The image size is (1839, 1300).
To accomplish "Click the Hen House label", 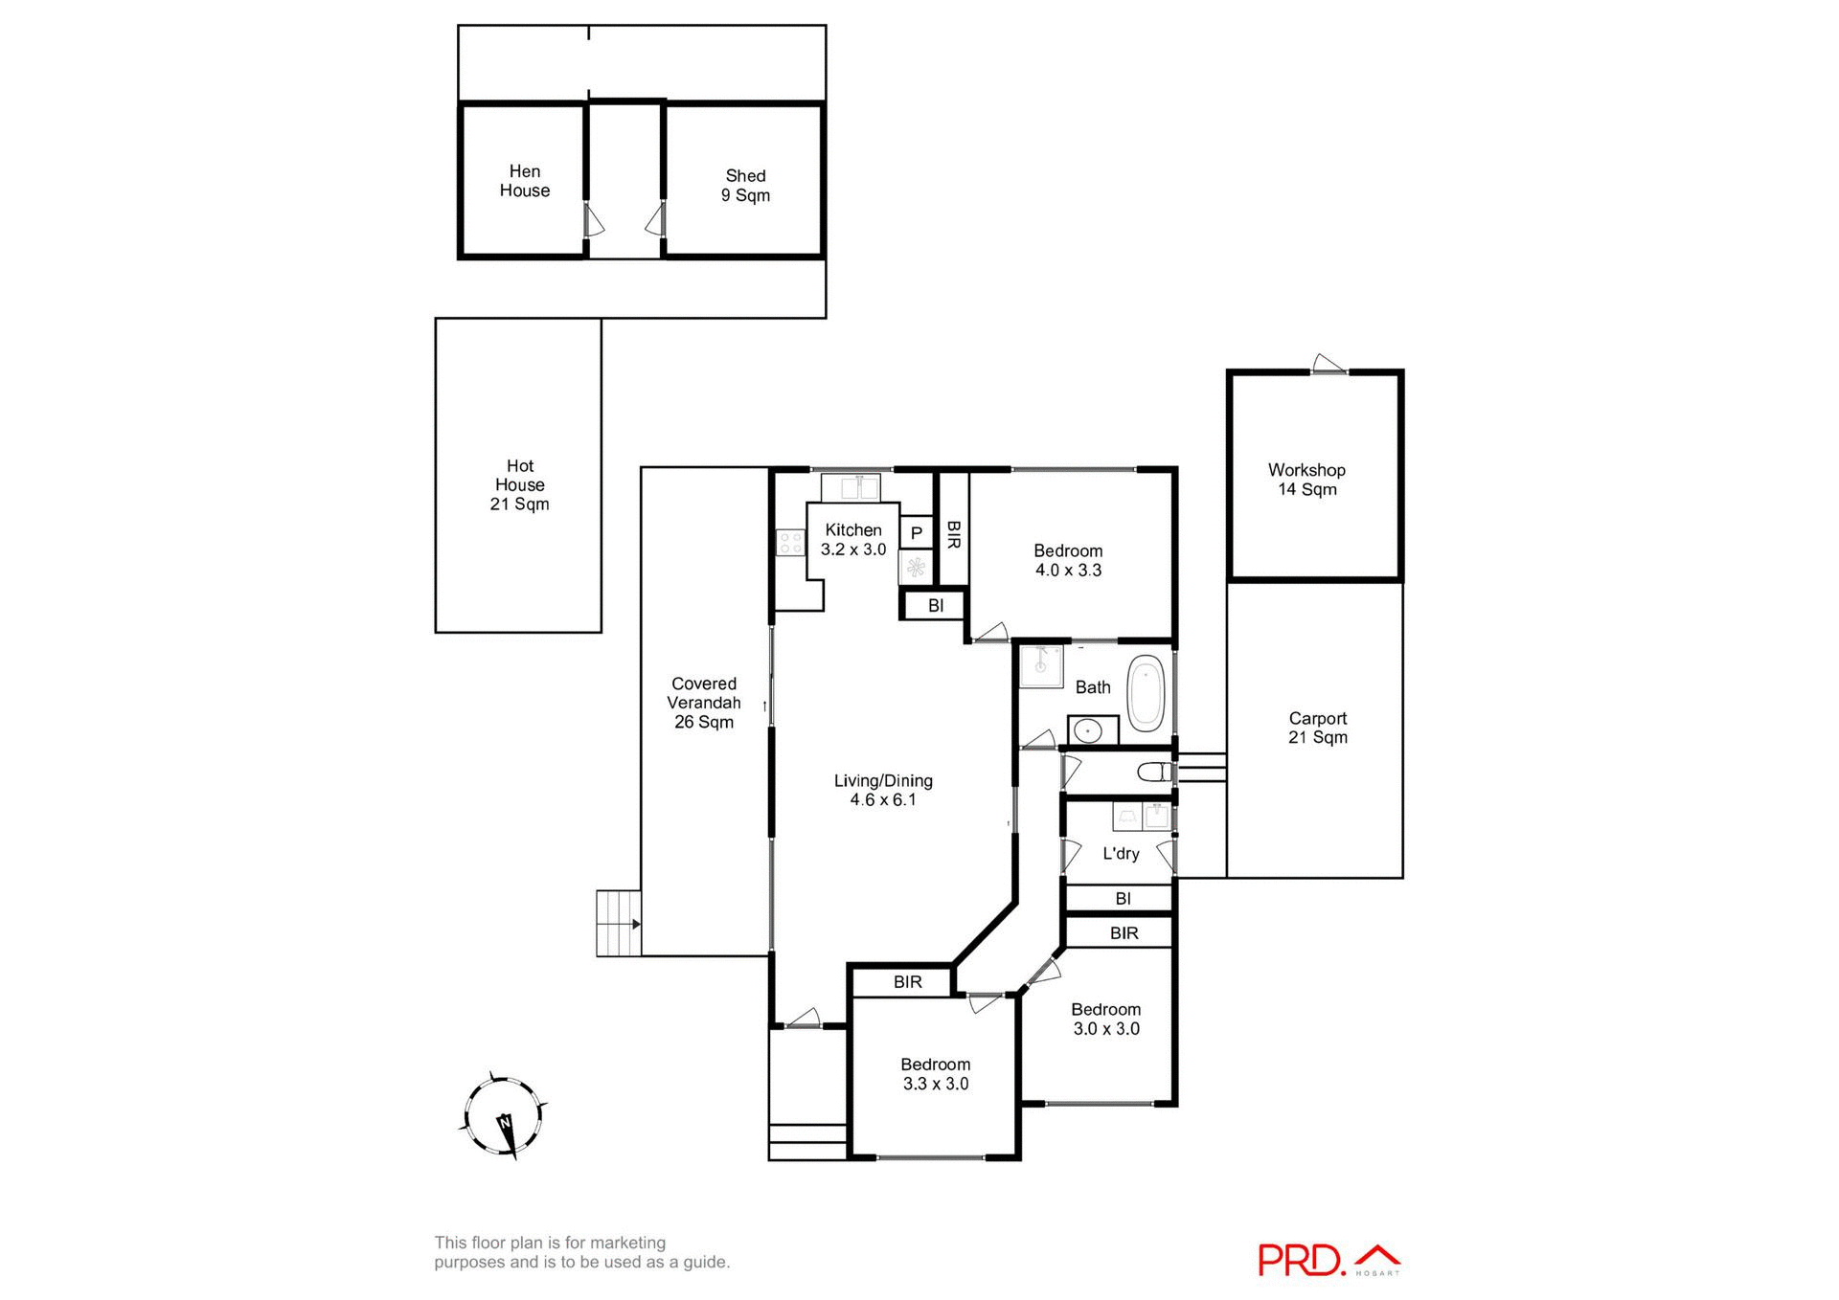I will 524,181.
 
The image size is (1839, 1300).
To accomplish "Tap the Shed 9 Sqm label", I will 745,186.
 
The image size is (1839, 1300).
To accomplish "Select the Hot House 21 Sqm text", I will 519,484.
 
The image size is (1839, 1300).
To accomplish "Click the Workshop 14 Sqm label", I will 1306,480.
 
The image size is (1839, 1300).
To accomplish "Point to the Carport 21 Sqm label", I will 1317,728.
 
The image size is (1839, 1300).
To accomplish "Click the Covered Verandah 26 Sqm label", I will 704,703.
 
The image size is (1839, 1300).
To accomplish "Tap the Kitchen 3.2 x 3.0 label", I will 852,540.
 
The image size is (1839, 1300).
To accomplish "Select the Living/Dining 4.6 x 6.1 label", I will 882,791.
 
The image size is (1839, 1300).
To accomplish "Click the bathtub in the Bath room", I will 1145,694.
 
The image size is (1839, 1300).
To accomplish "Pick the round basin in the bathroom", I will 1087,731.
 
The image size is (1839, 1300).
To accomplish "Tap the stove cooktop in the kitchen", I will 790,543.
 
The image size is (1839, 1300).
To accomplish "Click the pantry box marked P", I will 916,533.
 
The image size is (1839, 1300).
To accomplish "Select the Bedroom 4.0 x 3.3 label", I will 1067,560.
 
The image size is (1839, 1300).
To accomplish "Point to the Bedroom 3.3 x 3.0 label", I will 935,1074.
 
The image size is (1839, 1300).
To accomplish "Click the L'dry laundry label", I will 1120,854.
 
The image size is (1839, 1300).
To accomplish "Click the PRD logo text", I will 1301,1260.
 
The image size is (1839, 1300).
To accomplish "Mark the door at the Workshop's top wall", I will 1328,366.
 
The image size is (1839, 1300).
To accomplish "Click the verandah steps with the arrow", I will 618,924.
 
